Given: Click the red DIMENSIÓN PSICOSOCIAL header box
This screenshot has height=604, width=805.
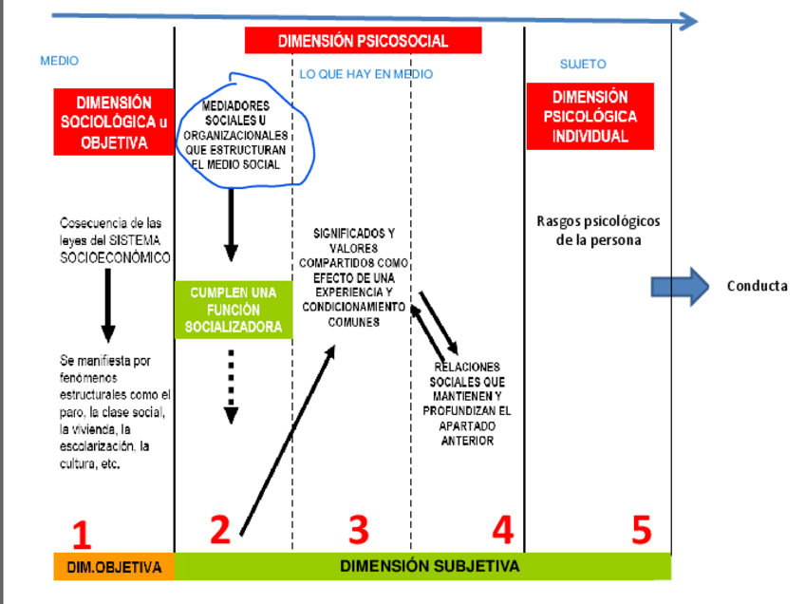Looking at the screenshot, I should [363, 41].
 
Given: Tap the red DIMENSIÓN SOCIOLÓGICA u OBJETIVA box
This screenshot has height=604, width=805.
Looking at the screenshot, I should [114, 123].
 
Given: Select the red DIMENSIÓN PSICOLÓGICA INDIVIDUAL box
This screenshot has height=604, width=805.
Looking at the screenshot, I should [590, 117].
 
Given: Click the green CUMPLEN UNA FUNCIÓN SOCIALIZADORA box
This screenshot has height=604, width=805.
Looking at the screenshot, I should [234, 310].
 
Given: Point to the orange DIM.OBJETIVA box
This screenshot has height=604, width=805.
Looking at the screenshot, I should [114, 567].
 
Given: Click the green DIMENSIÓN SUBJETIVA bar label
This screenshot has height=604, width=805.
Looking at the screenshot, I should [429, 566].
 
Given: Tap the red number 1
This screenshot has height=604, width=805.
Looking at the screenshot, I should [82, 534].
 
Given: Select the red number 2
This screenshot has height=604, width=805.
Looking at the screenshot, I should [220, 530].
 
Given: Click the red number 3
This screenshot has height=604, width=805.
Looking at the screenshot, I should [358, 530].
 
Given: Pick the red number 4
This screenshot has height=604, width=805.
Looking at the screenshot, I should [502, 530].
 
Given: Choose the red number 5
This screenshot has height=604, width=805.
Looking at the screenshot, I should [642, 530].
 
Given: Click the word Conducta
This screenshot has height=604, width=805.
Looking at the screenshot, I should [757, 286].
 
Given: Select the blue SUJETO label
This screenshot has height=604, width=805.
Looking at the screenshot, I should [583, 65].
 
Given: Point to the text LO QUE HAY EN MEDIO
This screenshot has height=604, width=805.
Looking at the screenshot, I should [365, 74].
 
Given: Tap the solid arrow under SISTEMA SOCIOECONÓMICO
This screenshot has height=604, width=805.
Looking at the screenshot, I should [108, 305].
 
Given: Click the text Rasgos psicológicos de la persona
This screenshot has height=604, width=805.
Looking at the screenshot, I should [598, 231].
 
